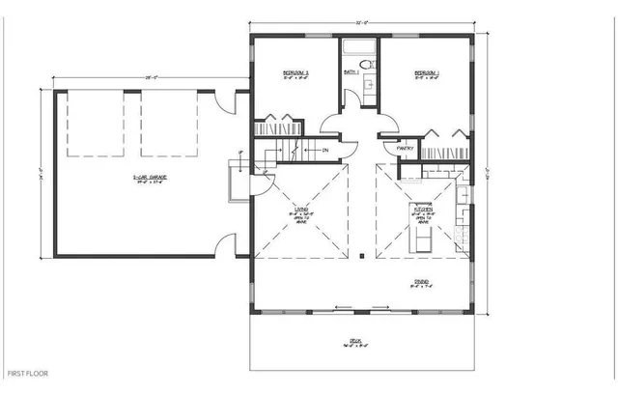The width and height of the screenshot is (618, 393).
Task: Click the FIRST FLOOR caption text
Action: coord(28,372)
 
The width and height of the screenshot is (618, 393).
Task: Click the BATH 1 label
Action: coord(351,72)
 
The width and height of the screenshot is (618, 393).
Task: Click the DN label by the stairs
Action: coord(325,150)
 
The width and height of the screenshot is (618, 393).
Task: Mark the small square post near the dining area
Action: coord(360,257)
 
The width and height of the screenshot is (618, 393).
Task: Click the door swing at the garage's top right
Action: coord(225,98)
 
